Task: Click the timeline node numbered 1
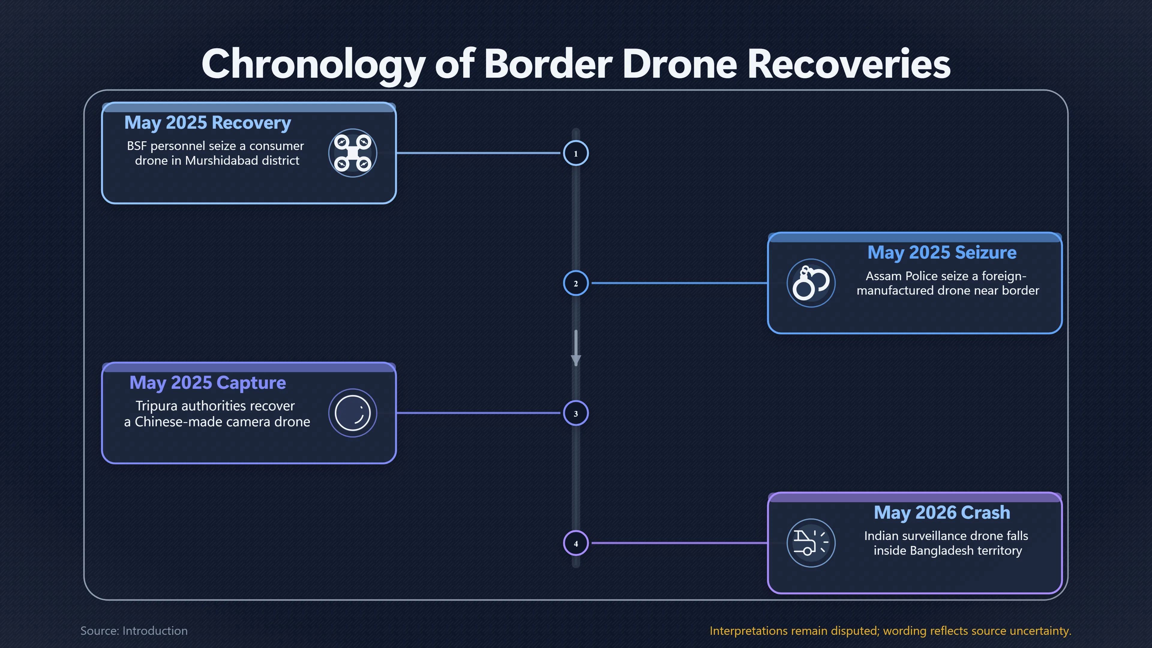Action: [x=576, y=153]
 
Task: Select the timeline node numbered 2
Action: [x=576, y=283]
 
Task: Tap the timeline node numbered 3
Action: [x=576, y=413]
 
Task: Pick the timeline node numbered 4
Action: [x=576, y=543]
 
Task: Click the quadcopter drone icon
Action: [x=353, y=153]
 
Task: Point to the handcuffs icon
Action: [x=811, y=283]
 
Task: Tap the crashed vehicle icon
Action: [x=811, y=543]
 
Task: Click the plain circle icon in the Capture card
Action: [x=353, y=413]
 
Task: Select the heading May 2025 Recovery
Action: [x=208, y=122]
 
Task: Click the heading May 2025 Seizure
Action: [x=942, y=253]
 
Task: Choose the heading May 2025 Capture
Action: [x=208, y=383]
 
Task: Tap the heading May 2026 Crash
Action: [x=942, y=512]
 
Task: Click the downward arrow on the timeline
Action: [x=576, y=348]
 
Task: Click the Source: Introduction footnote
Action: [x=134, y=631]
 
